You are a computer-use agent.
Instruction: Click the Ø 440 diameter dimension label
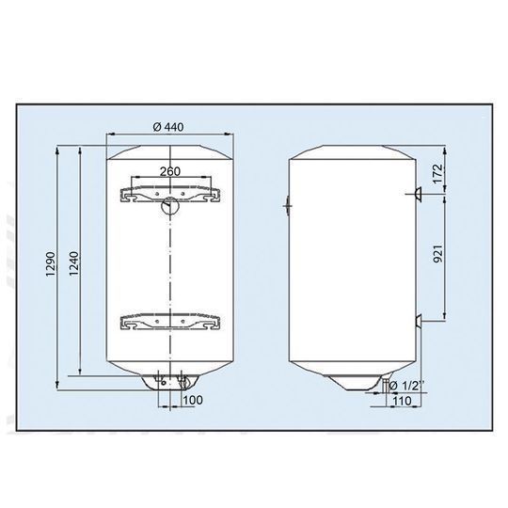[168, 127]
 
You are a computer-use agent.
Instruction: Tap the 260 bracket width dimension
[170, 171]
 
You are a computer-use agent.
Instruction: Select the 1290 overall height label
[52, 264]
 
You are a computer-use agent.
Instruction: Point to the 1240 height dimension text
[74, 263]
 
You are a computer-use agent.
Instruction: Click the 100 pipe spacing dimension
[193, 400]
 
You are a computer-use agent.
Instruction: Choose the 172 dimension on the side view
[437, 174]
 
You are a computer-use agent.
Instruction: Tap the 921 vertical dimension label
[437, 254]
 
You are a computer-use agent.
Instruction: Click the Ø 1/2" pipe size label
[406, 385]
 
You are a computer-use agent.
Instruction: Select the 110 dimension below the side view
[402, 401]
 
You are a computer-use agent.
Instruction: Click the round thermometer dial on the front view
[169, 205]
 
